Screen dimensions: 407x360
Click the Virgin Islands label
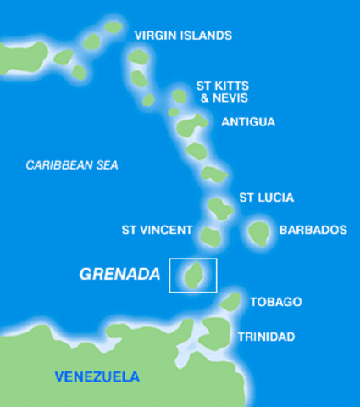point(183,36)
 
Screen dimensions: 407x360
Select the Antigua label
point(248,122)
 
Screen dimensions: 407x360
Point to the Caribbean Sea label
point(72,165)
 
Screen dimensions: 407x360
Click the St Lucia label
point(266,198)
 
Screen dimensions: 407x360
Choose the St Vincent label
point(157,230)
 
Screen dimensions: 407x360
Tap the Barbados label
point(313,230)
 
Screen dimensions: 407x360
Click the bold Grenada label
point(119,275)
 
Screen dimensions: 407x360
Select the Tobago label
point(275,302)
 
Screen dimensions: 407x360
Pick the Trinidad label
point(266,337)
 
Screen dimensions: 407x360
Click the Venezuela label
point(97,376)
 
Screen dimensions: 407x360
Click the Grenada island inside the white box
point(193,275)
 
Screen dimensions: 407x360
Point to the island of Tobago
point(231,301)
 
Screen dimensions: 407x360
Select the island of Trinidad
point(217,332)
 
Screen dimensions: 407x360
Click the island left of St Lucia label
point(220,206)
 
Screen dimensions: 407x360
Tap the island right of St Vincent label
point(210,236)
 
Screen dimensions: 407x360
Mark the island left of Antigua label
point(191,126)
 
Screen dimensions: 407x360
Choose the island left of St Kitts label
point(180,96)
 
